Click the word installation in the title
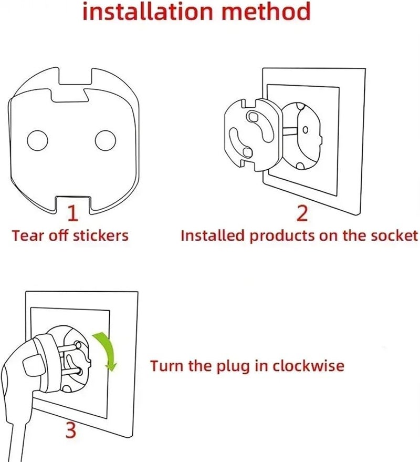tap(148, 11)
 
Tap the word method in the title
tap(266, 11)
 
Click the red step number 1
tap(72, 213)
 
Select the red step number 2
tap(302, 213)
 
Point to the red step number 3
tap(71, 430)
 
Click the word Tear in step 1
tap(28, 235)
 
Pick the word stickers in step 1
tap(100, 235)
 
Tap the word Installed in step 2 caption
tap(213, 235)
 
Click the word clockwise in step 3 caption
tap(308, 366)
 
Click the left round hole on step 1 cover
tap(37, 140)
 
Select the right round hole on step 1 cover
tap(106, 140)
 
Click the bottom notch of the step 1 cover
tap(73, 203)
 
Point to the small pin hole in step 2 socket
tap(305, 130)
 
